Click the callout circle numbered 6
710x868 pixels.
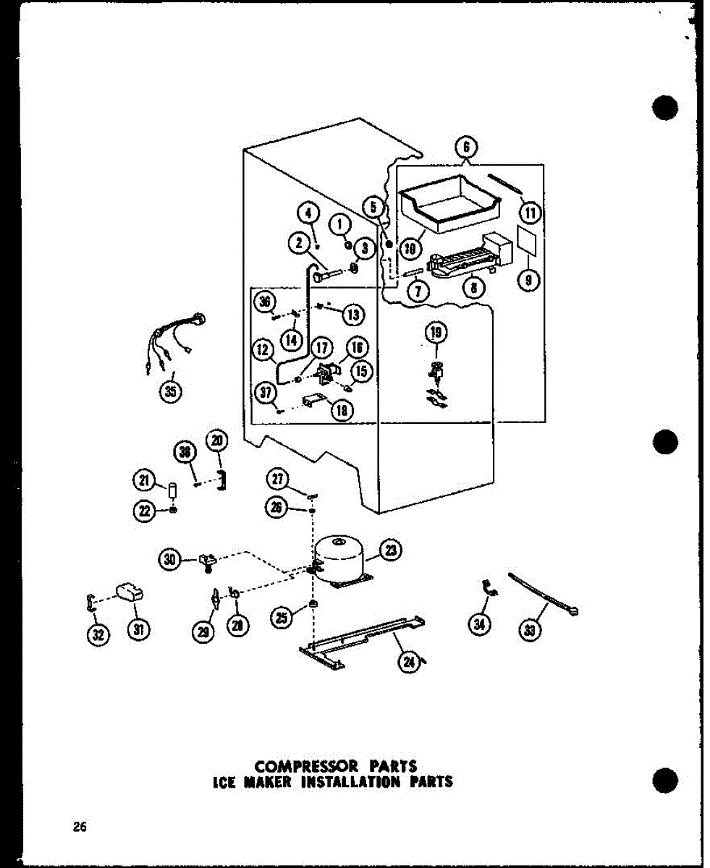[466, 148]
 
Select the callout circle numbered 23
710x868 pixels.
[392, 551]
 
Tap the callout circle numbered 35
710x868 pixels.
[171, 393]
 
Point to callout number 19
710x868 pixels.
[436, 333]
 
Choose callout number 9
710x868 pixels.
[529, 280]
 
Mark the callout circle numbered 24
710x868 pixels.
[409, 662]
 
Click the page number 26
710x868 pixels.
[79, 827]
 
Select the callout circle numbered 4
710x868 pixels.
[308, 213]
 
